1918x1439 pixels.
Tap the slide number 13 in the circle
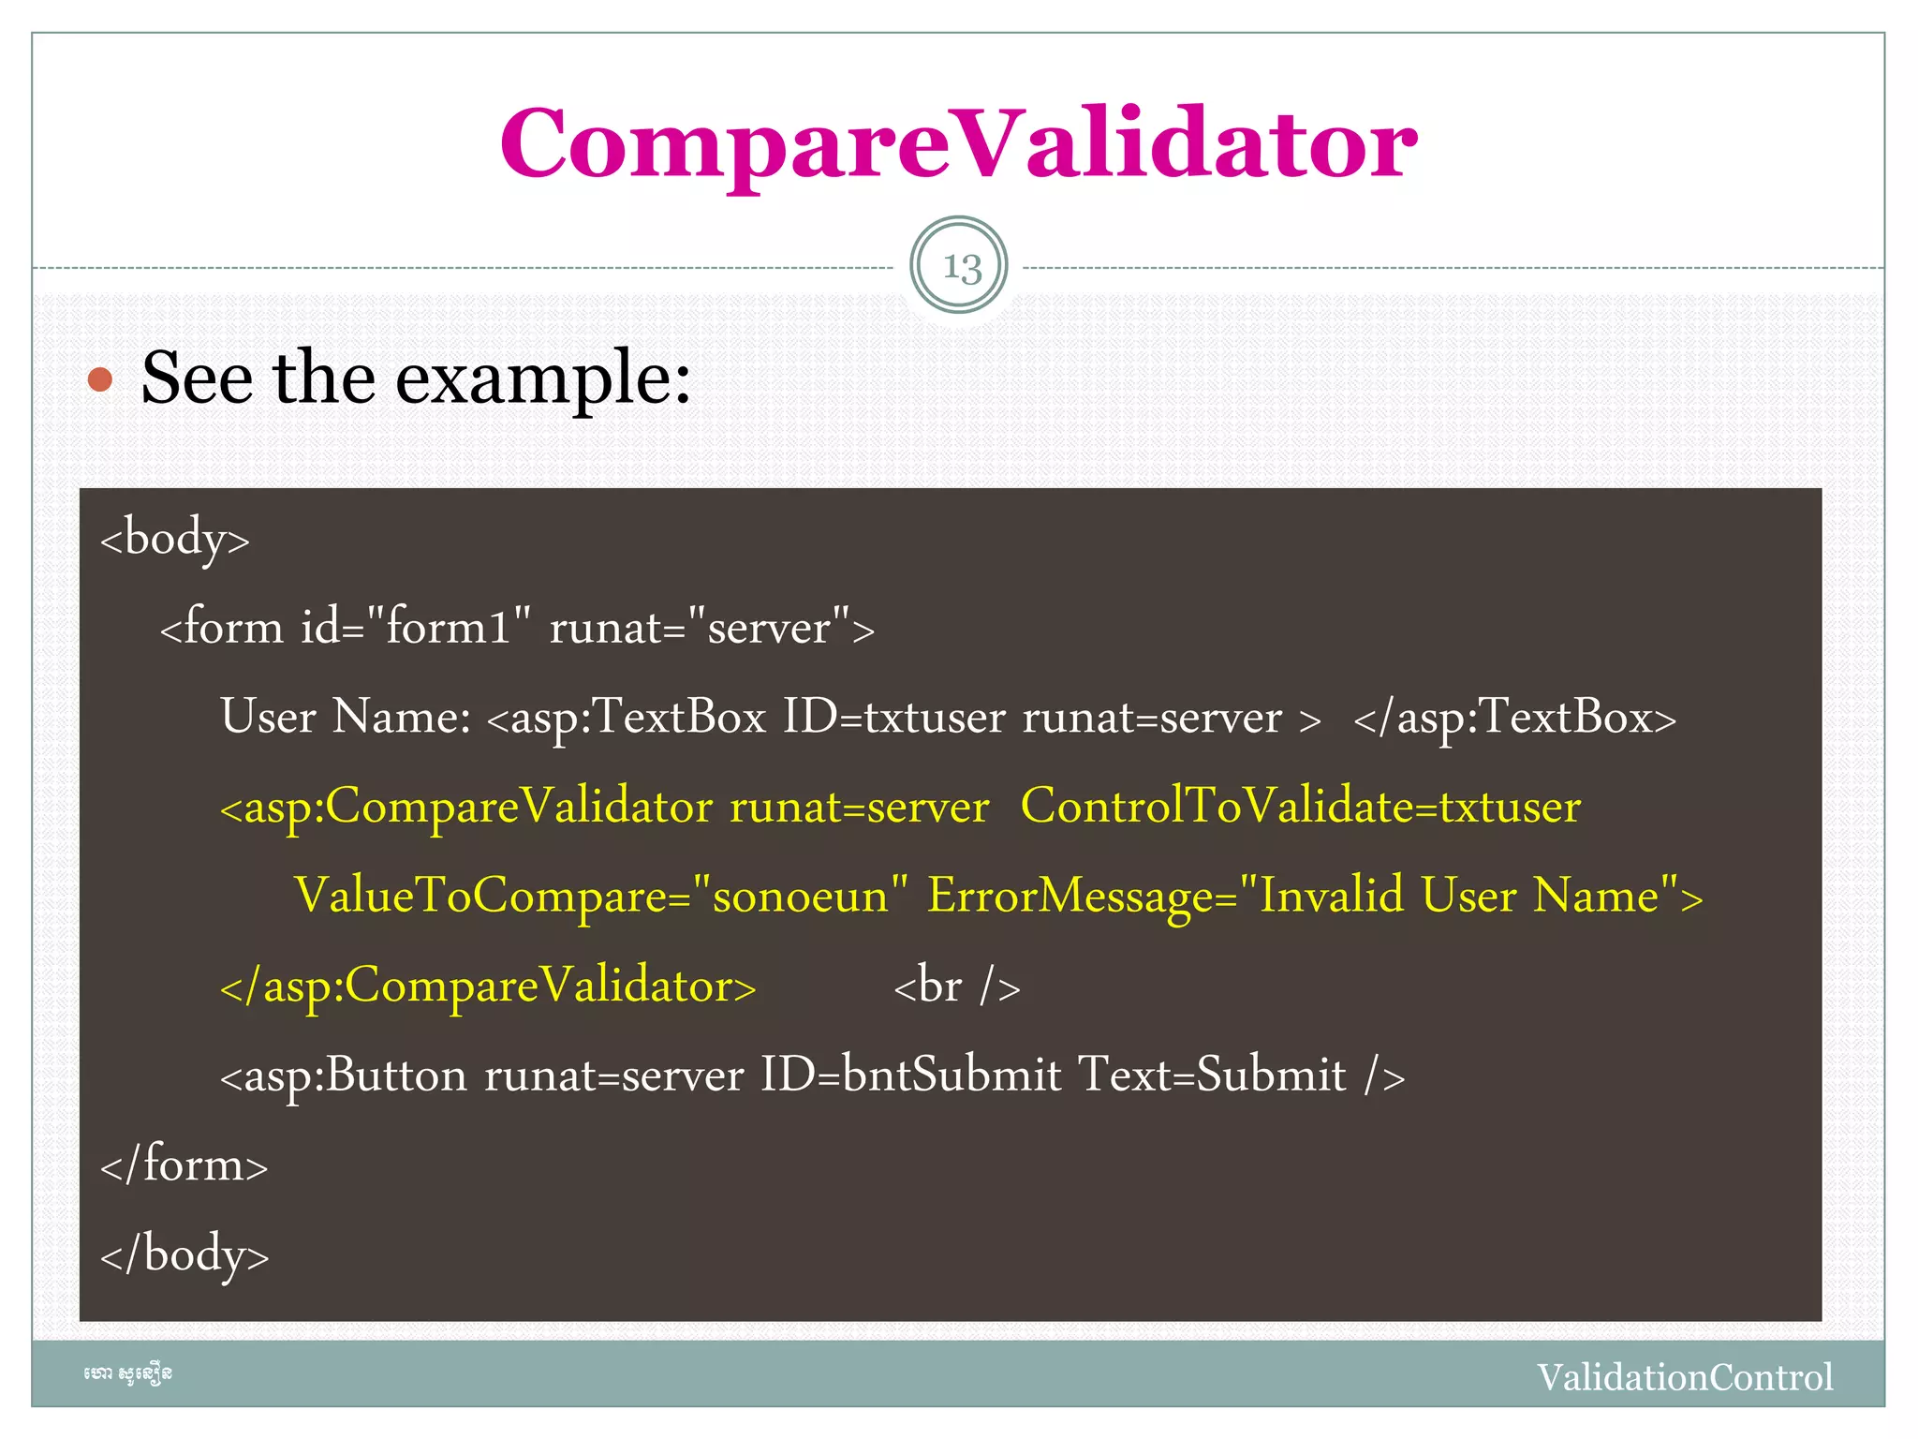coord(959,266)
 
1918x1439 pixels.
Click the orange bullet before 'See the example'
coord(100,379)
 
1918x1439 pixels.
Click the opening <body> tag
coord(175,539)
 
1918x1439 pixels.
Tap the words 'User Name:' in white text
coord(346,717)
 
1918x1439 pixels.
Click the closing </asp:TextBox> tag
coord(1514,717)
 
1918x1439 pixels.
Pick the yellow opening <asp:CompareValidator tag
coord(465,807)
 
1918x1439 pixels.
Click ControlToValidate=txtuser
coord(1300,807)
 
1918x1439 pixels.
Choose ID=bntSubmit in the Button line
coord(910,1075)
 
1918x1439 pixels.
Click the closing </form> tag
coord(184,1165)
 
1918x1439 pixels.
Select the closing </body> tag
coord(184,1254)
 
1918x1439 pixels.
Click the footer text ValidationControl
coord(1684,1377)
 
